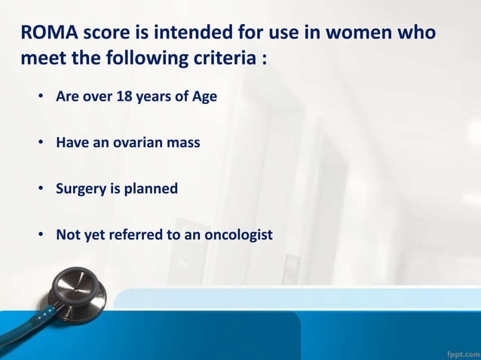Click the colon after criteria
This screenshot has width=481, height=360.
pos(263,59)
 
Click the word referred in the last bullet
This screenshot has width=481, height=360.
pos(141,236)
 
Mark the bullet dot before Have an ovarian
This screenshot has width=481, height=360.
pos(42,143)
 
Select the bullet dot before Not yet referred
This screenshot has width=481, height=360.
pos(42,236)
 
